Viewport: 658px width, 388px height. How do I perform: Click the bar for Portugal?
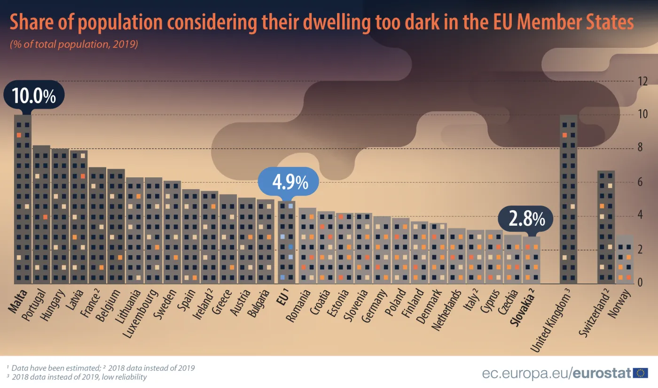[x=41, y=216]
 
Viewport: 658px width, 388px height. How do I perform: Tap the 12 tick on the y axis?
[x=642, y=81]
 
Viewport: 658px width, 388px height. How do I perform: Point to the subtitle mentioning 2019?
[x=73, y=45]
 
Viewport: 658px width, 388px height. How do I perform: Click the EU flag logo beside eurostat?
[x=640, y=373]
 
